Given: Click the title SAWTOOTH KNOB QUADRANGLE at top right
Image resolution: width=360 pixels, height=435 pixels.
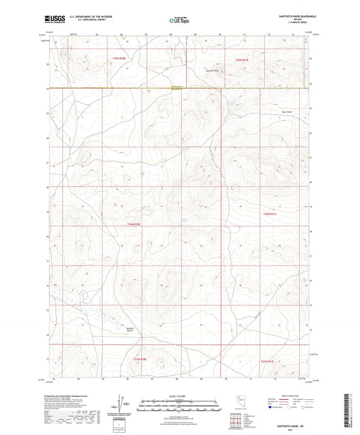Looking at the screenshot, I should [x=288, y=16].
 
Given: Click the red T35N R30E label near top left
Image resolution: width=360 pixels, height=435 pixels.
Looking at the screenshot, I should [x=119, y=60].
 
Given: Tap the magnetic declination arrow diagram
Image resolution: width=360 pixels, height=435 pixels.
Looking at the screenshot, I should [x=124, y=404].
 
